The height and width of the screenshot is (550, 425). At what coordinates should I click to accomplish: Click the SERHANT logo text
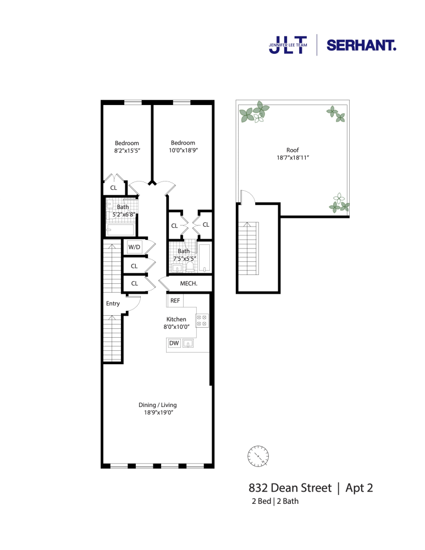point(361,46)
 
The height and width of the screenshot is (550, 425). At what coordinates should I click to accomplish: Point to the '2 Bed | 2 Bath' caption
point(274,502)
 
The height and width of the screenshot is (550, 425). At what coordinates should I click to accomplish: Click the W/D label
point(135,248)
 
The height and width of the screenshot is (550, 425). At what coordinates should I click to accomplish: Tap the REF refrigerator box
point(175,300)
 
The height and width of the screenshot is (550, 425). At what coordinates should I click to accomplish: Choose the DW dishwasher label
point(174,344)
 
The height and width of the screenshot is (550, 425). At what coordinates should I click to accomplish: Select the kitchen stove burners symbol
point(202,320)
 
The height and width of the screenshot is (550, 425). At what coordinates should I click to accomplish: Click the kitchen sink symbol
point(188,344)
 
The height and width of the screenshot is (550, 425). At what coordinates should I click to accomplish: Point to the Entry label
point(113,304)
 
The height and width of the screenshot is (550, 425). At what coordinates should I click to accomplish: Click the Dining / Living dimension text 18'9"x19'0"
point(158,413)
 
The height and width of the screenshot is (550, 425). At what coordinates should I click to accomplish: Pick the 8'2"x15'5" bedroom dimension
point(127,150)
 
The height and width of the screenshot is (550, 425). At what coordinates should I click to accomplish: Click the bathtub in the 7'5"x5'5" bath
point(204,258)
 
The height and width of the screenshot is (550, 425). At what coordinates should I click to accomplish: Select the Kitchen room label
point(176,319)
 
